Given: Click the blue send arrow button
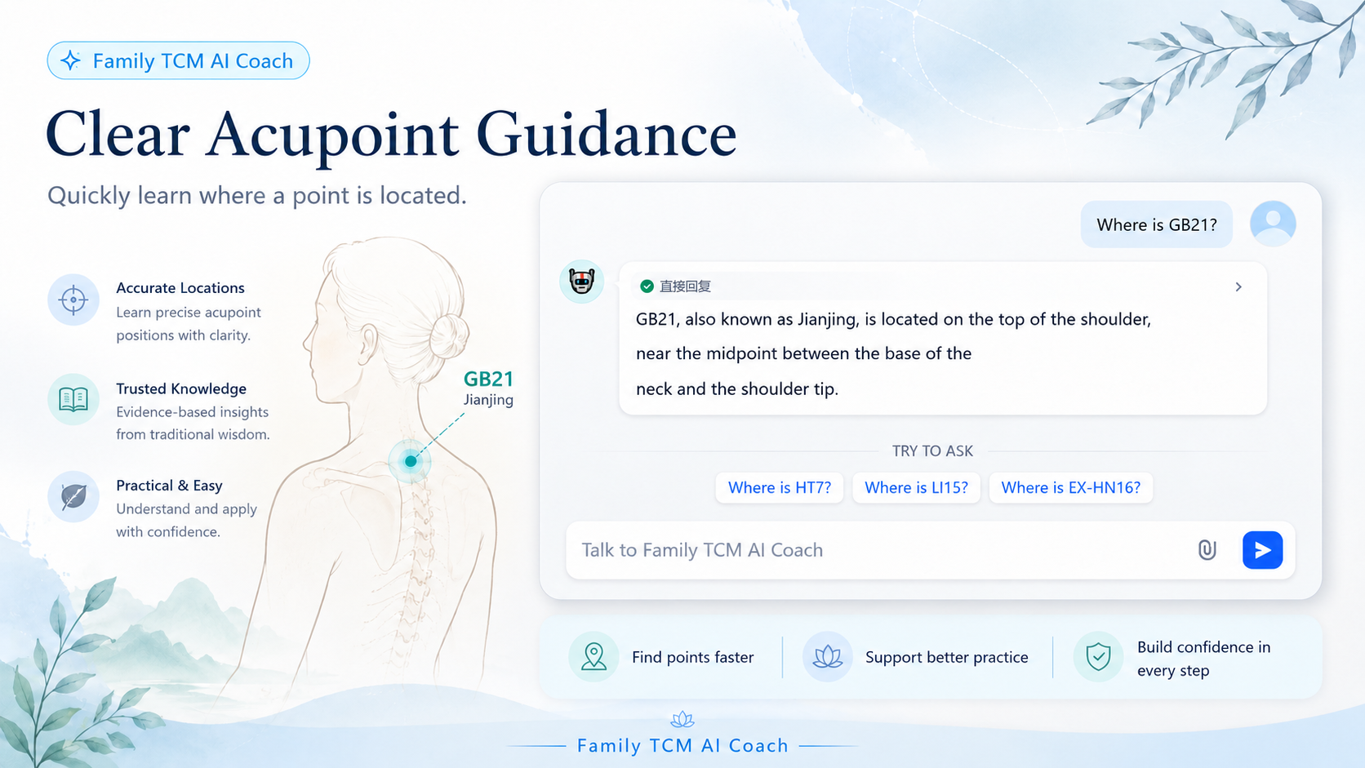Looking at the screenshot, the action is coord(1262,550).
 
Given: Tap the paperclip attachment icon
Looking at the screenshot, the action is coord(1207,550).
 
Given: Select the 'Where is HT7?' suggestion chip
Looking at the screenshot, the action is coord(780,487).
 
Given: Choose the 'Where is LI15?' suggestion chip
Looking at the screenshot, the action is coord(916,487).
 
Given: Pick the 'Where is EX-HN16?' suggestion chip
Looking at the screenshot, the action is coord(1070,487).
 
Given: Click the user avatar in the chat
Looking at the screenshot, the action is coord(1273,224).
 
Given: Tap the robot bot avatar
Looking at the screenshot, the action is coord(581,282).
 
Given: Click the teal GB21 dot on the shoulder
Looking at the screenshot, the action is coord(411,461).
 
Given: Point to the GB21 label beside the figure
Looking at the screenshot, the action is coord(488,379).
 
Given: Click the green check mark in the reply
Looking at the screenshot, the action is coord(647,286).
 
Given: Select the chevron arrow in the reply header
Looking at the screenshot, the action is coord(1238,286).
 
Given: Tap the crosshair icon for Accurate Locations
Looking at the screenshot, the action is coord(73,300).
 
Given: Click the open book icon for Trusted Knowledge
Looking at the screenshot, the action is coord(73,400).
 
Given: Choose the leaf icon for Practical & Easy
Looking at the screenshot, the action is coord(73,497).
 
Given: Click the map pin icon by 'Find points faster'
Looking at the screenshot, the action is coord(594,656).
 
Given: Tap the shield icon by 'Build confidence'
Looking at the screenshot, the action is coord(1098,656).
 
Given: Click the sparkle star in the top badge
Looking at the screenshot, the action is coord(71,60).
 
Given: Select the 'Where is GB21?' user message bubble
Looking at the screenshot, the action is coord(1157,224).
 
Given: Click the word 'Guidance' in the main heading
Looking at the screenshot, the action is coord(606,135).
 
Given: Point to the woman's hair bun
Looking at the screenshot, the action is coord(449,336).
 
